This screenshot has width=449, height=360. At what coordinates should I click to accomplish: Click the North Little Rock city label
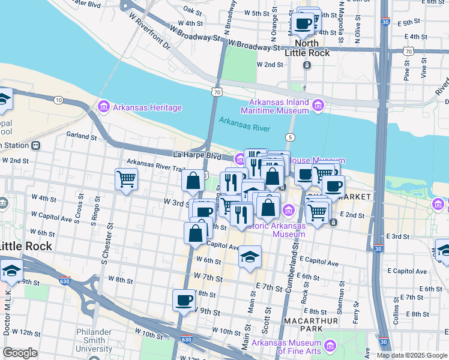tap(306, 48)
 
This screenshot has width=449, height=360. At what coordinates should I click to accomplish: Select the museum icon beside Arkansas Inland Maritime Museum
tap(318, 106)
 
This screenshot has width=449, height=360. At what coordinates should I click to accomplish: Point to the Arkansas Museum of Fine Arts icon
tap(330, 346)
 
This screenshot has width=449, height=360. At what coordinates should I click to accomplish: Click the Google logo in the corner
tap(20, 353)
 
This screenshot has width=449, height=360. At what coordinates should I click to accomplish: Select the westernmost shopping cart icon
tap(126, 178)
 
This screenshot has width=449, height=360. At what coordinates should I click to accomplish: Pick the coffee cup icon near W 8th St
tap(184, 300)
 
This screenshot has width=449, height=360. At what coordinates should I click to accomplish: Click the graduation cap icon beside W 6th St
tap(250, 257)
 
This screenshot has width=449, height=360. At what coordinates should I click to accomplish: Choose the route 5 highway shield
tap(291, 137)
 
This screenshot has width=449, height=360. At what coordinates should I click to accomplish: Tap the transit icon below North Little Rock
tap(306, 65)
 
